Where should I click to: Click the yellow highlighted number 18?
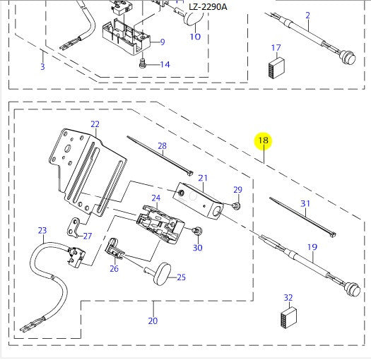[x=264, y=141]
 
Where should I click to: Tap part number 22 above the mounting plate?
[x=95, y=124]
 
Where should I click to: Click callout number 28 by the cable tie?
[x=162, y=146]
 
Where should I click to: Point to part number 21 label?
[x=202, y=178]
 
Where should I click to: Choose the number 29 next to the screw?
[x=237, y=190]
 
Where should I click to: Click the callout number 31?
[x=305, y=204]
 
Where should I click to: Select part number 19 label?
[x=312, y=247]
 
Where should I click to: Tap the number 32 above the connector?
[x=288, y=297]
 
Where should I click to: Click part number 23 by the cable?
[x=42, y=230]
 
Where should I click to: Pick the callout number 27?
[x=87, y=236]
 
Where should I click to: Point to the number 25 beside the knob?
[x=181, y=277]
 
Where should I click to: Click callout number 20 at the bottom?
[x=153, y=322]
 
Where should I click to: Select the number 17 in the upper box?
[x=276, y=48]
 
